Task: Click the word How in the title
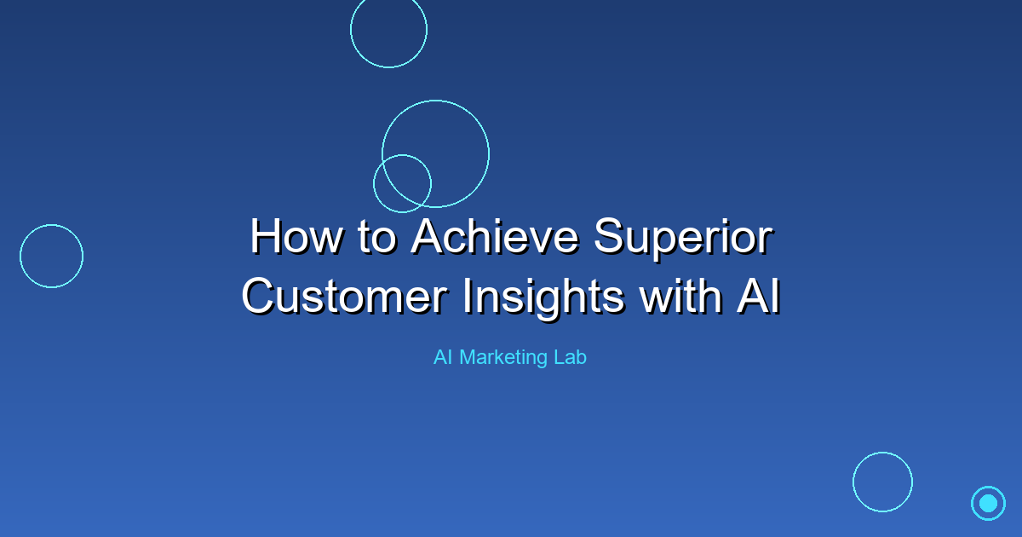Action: tap(296, 237)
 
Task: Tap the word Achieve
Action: tap(496, 237)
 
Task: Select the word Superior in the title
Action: tap(683, 240)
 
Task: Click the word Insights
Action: tap(543, 299)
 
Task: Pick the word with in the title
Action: tap(680, 297)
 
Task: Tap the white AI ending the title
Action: tap(758, 297)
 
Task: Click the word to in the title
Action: tap(376, 238)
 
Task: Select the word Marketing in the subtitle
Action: tap(503, 358)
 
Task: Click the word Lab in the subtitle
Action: tap(571, 357)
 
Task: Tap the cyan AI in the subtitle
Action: tap(443, 357)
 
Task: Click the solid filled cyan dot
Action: tap(988, 503)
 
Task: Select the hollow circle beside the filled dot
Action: tap(853, 482)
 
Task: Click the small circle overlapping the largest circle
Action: tap(374, 183)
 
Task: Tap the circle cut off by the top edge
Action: tap(388, 67)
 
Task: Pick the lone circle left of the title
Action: tap(20, 257)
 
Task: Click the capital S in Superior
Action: tap(610, 236)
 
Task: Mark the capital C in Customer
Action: tap(260, 297)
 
